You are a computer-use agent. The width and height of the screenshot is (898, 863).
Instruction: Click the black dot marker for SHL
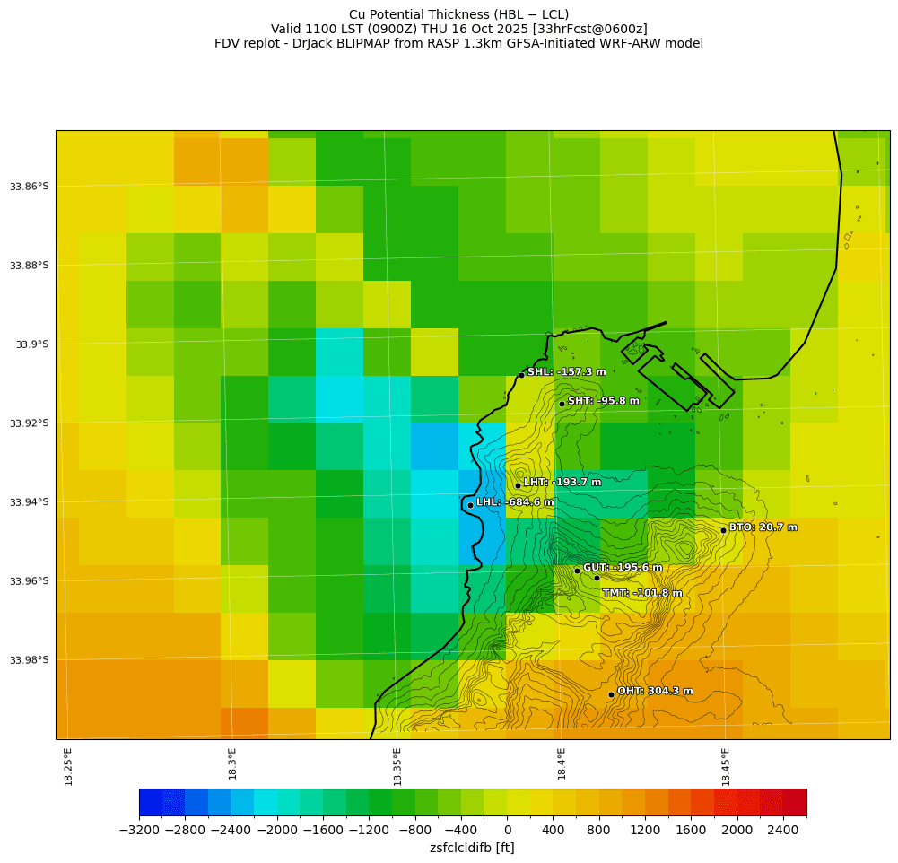pyautogui.click(x=521, y=375)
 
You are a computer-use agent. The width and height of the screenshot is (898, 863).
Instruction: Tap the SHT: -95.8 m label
pyautogui.click(x=603, y=401)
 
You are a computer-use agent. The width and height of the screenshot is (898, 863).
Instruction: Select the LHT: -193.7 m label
pyautogui.click(x=562, y=483)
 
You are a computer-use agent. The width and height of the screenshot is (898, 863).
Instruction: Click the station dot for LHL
pyautogui.click(x=470, y=505)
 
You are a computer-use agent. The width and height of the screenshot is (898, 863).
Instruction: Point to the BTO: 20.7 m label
pyautogui.click(x=763, y=527)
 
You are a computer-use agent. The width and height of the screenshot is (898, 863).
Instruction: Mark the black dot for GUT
pyautogui.click(x=577, y=571)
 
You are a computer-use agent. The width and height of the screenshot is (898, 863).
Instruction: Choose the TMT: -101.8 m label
pyautogui.click(x=641, y=593)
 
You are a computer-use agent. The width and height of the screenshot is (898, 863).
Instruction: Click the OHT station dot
pyautogui.click(x=611, y=694)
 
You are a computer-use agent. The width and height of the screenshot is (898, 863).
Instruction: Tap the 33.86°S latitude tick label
pyautogui.click(x=29, y=187)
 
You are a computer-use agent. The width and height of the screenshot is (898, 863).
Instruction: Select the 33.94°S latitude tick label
pyautogui.click(x=29, y=502)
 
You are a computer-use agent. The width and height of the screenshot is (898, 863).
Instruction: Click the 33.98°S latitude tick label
pyautogui.click(x=29, y=660)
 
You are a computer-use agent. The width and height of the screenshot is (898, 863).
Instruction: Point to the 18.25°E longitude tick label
pyautogui.click(x=69, y=767)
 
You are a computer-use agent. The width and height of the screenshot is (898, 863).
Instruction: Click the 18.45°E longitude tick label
pyautogui.click(x=726, y=767)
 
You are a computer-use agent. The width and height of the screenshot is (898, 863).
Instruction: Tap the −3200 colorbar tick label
pyautogui.click(x=139, y=830)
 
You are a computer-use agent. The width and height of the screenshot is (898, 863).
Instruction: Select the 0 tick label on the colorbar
pyautogui.click(x=507, y=830)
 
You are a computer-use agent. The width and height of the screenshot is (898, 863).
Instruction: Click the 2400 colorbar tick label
pyautogui.click(x=783, y=830)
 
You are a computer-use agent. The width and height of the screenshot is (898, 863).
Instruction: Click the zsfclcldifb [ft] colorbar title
pyautogui.click(x=472, y=848)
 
